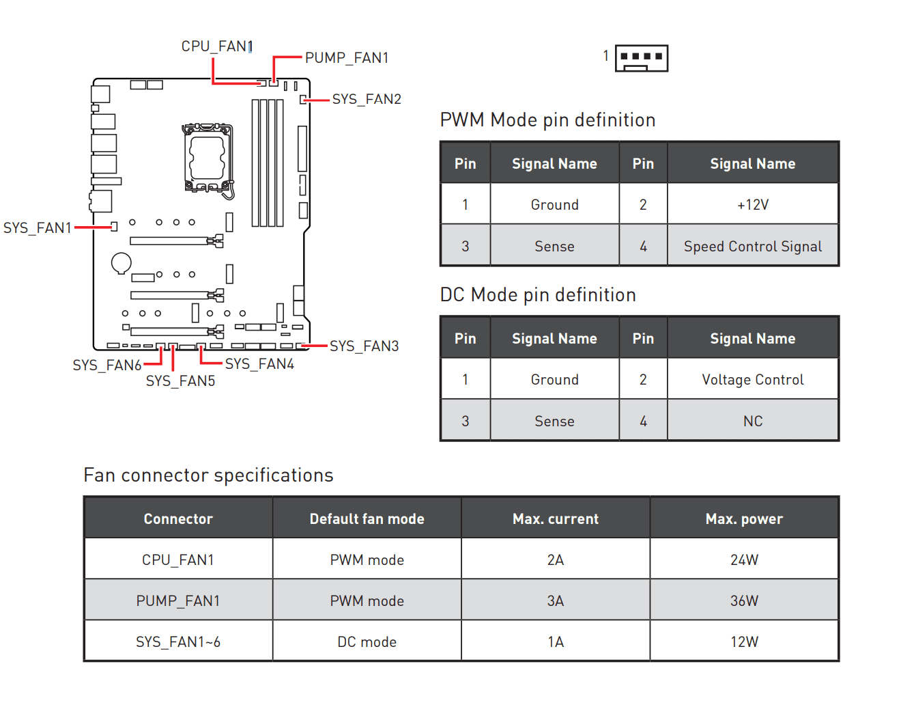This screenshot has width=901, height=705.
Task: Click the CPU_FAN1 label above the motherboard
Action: pos(216,46)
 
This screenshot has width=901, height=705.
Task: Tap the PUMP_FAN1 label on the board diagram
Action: pos(347,58)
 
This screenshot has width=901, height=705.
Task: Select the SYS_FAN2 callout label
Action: pos(367,99)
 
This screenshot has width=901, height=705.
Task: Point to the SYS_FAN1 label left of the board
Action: pos(38,227)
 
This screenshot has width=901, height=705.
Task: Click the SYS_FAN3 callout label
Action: pos(364,346)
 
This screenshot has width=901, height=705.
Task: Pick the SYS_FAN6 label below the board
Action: pos(107,365)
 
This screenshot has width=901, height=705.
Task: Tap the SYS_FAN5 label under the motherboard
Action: pos(180,381)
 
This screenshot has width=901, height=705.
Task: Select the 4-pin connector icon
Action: pos(641,58)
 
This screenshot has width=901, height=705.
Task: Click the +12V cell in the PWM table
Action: pos(752,205)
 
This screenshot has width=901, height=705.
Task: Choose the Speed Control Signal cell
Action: pos(752,247)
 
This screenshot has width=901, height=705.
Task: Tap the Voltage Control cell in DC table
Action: pos(752,380)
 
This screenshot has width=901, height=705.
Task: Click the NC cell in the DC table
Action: pos(752,421)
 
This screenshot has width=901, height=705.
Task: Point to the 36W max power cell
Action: pos(744,601)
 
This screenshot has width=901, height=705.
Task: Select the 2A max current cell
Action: pos(556,560)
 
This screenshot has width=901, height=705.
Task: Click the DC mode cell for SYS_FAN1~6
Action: pos(367,642)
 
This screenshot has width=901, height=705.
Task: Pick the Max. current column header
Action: pos(556,519)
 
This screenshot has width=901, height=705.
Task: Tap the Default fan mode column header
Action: pos(367,519)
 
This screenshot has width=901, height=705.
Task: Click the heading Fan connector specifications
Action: pos(208,475)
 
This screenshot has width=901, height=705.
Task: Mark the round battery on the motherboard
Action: pos(121,262)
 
